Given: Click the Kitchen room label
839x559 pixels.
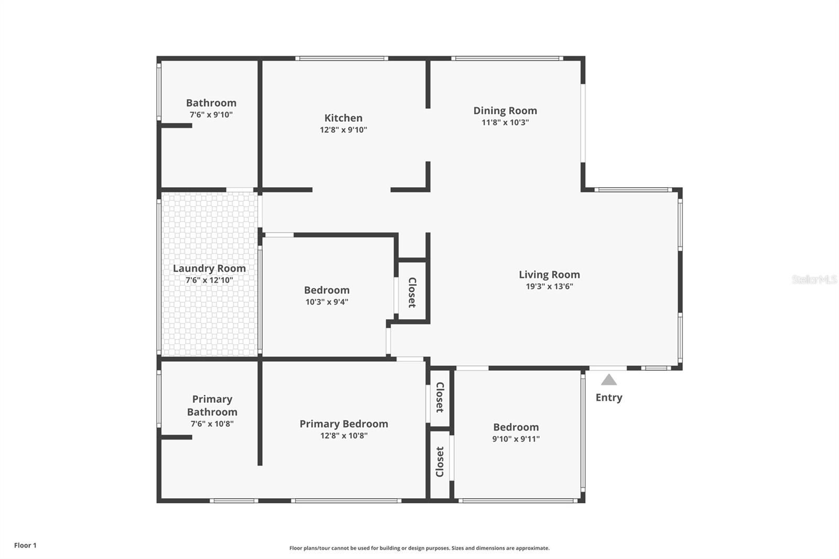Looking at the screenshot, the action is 343,118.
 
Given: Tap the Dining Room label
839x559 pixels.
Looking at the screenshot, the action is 505,111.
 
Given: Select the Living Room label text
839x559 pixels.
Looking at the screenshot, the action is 549,275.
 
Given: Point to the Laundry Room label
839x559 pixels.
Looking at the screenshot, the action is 209,268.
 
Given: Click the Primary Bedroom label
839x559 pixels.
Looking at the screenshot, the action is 343,424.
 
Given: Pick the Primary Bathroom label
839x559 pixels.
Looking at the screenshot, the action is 212,405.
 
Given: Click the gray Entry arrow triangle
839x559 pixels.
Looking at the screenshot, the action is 609,380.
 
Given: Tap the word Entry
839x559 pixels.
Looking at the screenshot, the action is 609,397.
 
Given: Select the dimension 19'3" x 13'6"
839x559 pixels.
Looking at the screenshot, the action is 549,286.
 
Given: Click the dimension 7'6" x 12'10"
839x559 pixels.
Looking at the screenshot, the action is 209,280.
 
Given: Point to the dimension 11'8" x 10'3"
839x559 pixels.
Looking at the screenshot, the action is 505,122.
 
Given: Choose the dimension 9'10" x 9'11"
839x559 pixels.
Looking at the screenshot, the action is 516,439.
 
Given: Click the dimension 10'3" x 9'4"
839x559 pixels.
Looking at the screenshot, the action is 327,302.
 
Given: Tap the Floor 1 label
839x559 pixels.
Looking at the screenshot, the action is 25,545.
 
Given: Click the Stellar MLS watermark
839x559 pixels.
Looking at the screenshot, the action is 814,279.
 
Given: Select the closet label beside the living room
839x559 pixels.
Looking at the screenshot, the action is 412,292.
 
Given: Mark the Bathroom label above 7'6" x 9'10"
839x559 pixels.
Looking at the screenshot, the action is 211,103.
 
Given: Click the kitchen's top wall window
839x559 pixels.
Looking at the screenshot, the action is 341,58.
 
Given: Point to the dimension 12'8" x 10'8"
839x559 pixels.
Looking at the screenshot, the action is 343,435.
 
